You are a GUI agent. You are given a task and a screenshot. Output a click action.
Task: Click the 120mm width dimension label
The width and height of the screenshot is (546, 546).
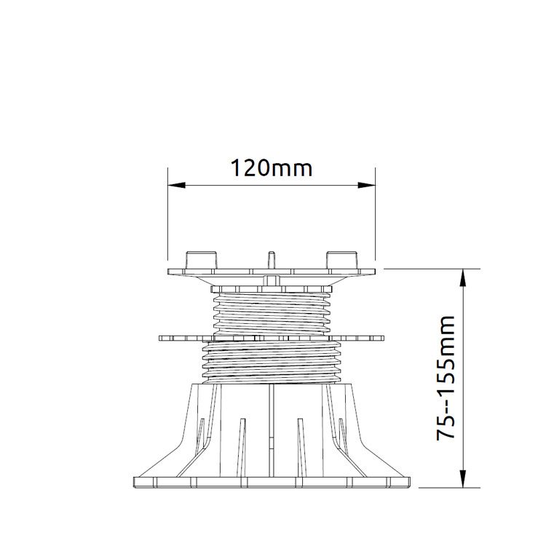click(271, 169)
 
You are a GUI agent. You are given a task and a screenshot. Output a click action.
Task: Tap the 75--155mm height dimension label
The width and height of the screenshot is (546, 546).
click(446, 378)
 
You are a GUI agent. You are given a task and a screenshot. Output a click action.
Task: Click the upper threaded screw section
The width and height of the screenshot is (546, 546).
click(271, 309)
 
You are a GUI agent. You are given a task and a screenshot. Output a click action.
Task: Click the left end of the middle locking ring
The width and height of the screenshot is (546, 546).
click(161, 337)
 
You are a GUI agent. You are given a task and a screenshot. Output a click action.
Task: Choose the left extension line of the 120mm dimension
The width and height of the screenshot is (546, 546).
click(167, 218)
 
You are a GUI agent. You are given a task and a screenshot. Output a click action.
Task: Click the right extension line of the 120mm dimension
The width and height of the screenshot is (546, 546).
click(375, 218)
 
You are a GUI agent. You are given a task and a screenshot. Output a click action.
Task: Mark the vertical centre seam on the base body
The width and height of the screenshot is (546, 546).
click(271, 430)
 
